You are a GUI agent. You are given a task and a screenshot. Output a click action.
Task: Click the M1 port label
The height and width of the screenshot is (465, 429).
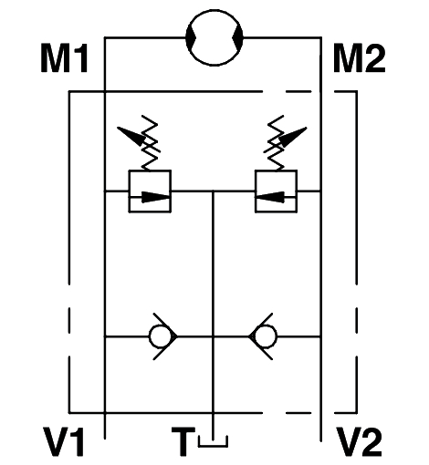64,58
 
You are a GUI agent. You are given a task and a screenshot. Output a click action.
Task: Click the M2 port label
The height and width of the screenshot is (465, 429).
360,58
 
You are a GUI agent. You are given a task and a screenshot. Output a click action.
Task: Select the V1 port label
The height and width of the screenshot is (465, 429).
64,441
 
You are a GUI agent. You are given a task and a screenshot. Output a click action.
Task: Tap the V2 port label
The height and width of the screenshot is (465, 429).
360,441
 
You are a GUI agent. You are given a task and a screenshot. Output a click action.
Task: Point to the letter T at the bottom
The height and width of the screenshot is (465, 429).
183,441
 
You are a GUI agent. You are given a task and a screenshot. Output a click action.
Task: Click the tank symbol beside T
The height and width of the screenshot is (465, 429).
213,442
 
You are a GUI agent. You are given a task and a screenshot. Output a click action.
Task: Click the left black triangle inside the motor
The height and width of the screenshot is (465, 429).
192,37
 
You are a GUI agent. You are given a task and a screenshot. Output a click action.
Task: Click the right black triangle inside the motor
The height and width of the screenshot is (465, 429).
237,37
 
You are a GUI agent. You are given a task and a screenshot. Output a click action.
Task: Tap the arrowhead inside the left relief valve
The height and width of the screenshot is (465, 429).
155,197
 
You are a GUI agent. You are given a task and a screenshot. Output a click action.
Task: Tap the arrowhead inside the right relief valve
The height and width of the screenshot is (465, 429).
271,197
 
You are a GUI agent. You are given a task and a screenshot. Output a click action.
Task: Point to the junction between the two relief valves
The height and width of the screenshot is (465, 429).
213,191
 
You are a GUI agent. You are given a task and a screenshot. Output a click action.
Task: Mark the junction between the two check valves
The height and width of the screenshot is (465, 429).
213,336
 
